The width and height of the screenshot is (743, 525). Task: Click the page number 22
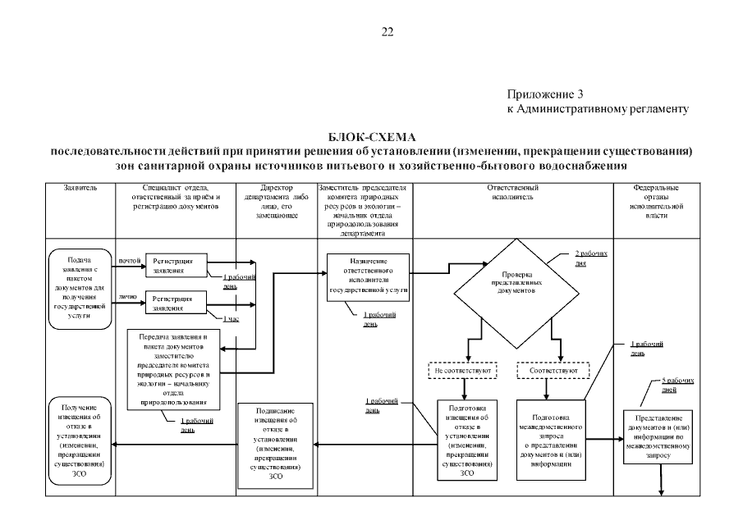(x=388, y=32)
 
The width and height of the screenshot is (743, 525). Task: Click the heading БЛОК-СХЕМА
(x=372, y=136)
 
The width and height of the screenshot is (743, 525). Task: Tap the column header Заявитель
(x=80, y=188)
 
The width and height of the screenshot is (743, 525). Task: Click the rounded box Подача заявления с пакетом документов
(x=80, y=287)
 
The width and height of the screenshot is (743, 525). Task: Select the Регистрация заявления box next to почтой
(x=177, y=264)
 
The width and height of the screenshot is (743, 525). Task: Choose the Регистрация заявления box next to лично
(x=177, y=303)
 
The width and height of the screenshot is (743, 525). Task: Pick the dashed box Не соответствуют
(x=462, y=371)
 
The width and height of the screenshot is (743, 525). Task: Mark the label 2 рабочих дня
(x=592, y=258)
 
